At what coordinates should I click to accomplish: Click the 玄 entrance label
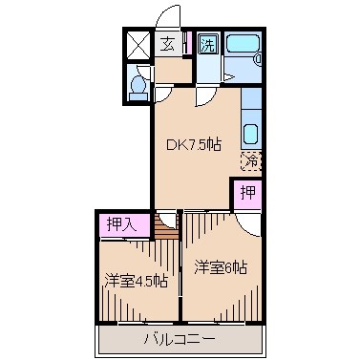(167, 44)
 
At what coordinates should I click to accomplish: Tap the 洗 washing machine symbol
(207, 44)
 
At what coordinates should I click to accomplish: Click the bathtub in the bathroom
(240, 44)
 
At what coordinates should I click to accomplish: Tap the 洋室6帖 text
(222, 266)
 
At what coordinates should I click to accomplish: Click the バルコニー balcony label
(180, 339)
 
